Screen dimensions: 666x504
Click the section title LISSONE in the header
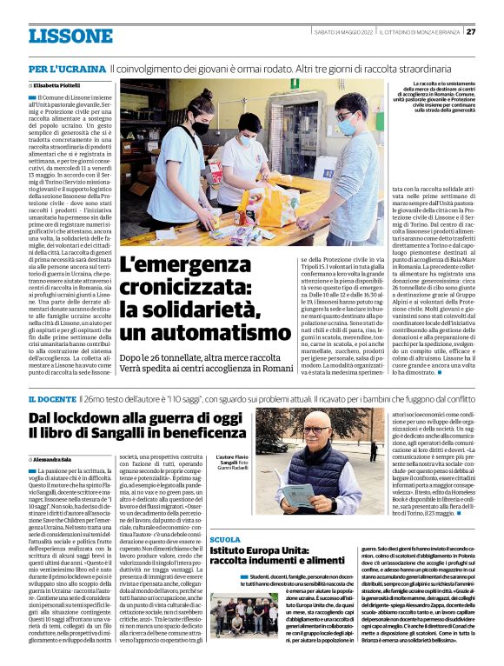tap(70, 36)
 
